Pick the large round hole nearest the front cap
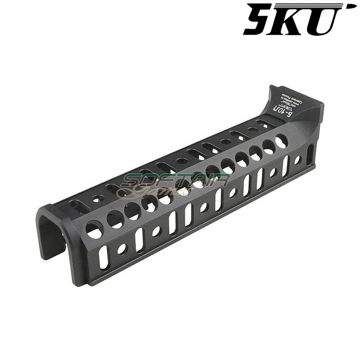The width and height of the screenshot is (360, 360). tap(94, 230)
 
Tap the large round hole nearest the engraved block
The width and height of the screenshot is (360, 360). tap(281, 141)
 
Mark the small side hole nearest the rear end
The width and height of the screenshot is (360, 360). tap(297, 160)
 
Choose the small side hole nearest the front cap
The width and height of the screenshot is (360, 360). tap(122, 248)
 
